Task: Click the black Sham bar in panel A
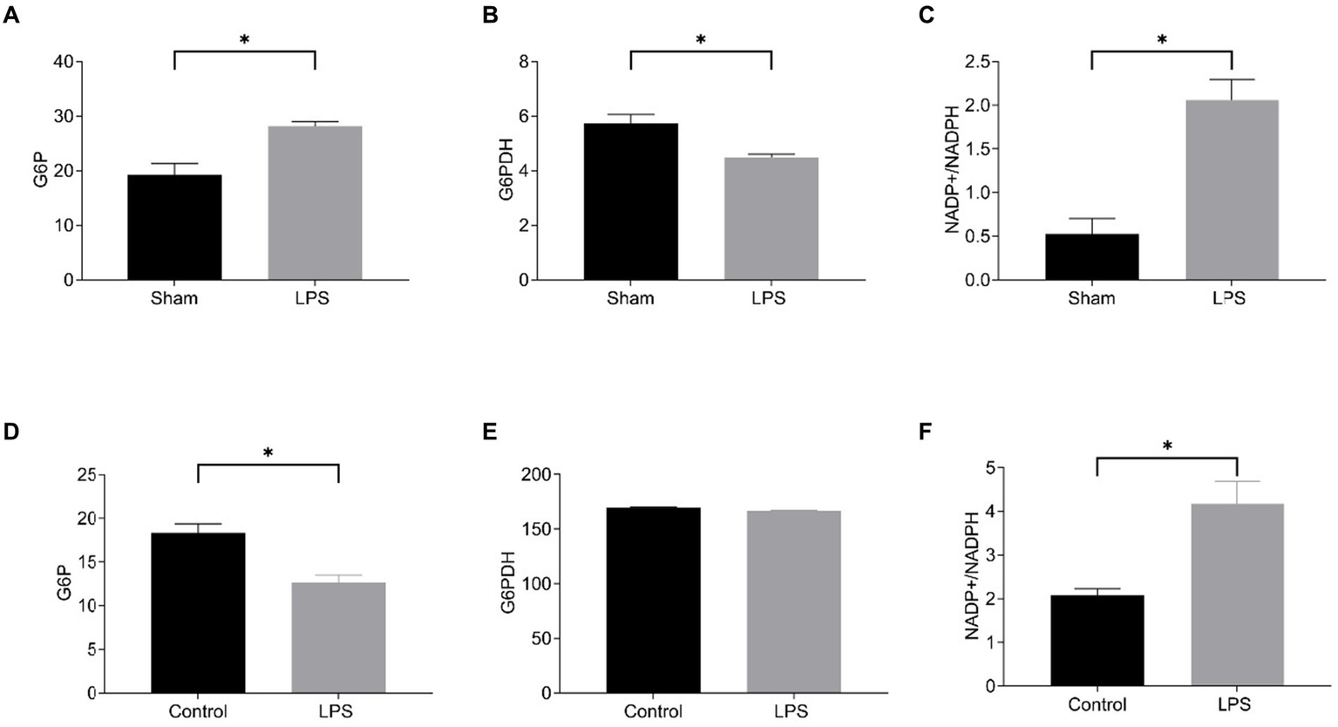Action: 174,228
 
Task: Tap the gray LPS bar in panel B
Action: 771,219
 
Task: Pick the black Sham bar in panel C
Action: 1091,257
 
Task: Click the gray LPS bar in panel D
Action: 338,637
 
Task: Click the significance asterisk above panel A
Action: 245,40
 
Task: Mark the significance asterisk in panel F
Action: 1167,446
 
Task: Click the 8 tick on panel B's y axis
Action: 522,62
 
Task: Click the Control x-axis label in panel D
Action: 198,710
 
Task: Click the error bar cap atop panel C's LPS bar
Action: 1232,79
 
